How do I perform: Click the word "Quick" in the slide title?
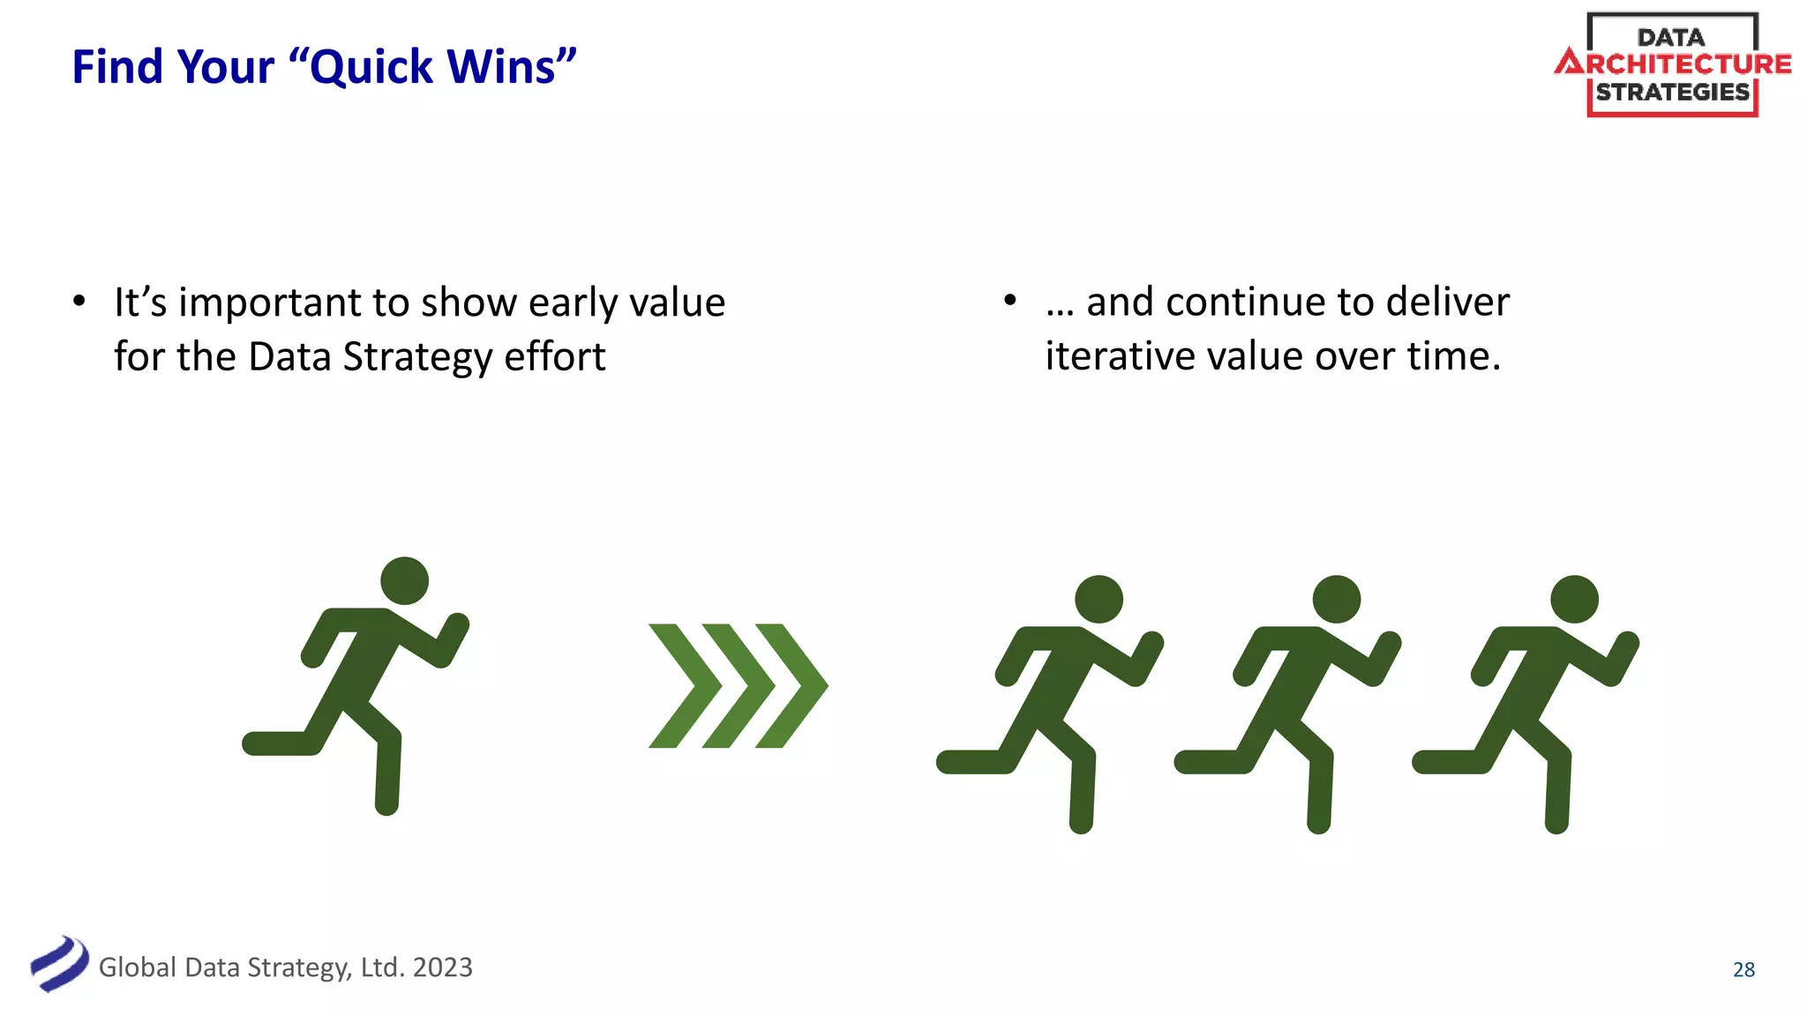point(371,68)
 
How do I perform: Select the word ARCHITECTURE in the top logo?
point(1673,63)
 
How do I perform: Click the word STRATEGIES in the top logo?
point(1672,92)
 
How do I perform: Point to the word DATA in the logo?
point(1671,37)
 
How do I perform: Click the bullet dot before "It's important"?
point(79,302)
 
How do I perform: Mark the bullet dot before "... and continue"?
point(1010,301)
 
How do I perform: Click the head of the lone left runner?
point(404,580)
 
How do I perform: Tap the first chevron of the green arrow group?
point(684,686)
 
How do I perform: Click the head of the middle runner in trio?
point(1336,600)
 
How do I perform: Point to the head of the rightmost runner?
point(1574,600)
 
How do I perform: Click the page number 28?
point(1743,969)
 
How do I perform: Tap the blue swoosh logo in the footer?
point(59,964)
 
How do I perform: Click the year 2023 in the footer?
point(442,967)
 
